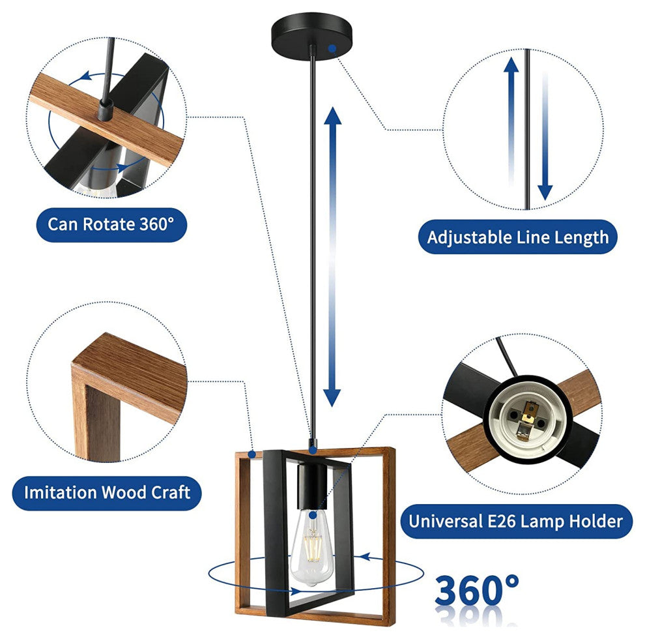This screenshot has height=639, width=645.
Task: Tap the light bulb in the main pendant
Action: (x=311, y=547)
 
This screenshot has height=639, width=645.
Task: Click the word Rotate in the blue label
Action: (x=109, y=224)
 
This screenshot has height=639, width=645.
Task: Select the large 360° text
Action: (x=476, y=589)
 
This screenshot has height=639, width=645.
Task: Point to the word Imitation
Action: (x=61, y=492)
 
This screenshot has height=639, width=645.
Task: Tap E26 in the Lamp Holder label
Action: (x=502, y=522)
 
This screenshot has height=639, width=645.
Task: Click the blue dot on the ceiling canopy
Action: (x=332, y=49)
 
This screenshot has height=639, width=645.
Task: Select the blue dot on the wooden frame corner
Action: (x=252, y=454)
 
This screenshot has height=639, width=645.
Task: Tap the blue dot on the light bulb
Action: (x=313, y=514)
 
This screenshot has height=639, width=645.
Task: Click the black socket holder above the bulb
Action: (x=311, y=486)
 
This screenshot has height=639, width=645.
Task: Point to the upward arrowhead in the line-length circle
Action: (x=511, y=65)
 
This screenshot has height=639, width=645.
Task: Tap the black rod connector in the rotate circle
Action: (x=106, y=110)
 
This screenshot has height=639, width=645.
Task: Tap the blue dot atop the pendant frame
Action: (x=313, y=451)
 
